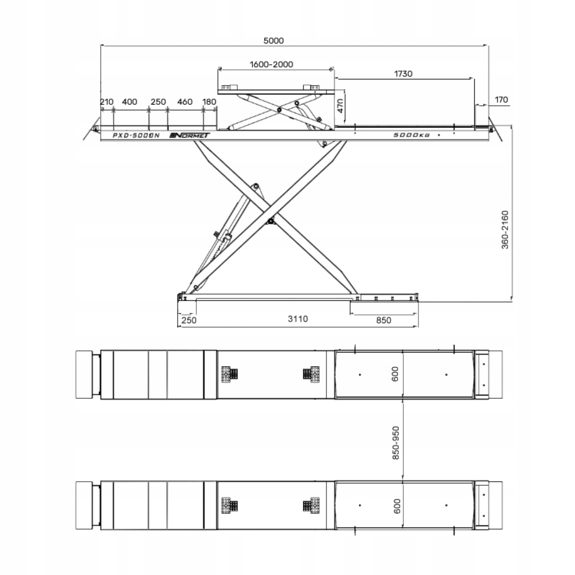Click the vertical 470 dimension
tap(340, 106)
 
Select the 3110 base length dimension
tap(298, 319)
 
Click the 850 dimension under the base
tap(383, 320)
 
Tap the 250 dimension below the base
tap(189, 320)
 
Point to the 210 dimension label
tap(106, 102)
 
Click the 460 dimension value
tap(185, 102)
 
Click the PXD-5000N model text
tap(136, 136)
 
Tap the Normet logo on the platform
tap(190, 135)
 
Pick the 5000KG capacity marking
tap(412, 135)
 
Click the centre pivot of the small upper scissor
tap(279, 110)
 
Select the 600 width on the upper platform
tap(395, 374)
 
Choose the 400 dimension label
tap(129, 102)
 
